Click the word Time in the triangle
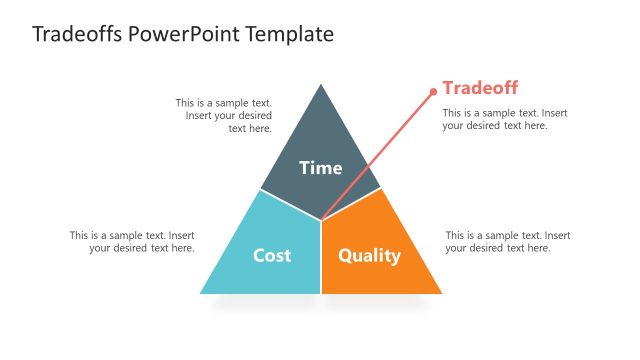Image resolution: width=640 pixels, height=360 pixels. point(320,168)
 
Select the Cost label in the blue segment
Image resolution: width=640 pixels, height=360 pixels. point(271,255)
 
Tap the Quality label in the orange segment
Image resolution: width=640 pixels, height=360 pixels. point(369,255)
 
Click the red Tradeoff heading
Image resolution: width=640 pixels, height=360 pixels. point(480,88)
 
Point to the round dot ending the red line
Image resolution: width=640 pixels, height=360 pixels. point(433,92)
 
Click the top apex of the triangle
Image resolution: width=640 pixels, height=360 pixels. point(321,85)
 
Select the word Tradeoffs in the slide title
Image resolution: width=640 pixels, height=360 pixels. point(78,35)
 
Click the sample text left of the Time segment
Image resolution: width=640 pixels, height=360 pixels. point(224,115)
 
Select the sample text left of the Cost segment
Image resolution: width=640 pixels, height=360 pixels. point(132,242)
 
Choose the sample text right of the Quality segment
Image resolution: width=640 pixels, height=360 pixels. point(508,242)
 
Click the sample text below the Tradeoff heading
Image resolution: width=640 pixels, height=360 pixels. point(505,119)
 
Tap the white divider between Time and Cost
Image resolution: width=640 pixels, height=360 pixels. point(290,204)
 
